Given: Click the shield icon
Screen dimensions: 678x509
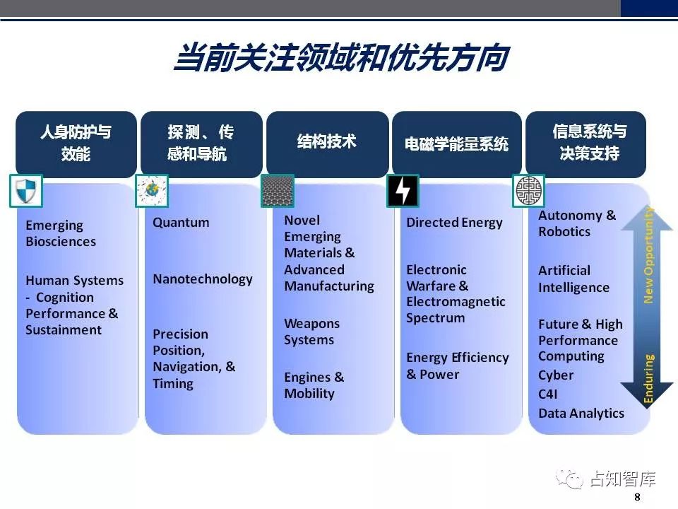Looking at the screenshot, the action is [x=26, y=191].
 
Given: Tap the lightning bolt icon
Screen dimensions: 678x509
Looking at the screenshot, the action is [x=403, y=191].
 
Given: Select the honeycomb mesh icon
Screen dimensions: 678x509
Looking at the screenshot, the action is [x=278, y=191].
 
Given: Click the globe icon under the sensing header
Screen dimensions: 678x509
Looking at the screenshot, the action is [x=152, y=191].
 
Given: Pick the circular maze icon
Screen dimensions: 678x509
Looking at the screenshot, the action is [x=528, y=191].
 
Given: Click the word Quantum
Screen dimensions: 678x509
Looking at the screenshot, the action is [x=181, y=223].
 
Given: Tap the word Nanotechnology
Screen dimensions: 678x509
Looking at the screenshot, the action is [x=203, y=279].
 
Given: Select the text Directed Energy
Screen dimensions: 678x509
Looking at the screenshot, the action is [x=454, y=223].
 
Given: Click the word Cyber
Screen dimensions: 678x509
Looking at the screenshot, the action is [x=556, y=375].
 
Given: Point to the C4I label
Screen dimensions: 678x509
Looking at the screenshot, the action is [x=548, y=394].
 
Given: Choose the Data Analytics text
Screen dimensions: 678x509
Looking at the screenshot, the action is [x=581, y=414].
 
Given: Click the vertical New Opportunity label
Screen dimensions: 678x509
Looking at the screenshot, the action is [x=648, y=255].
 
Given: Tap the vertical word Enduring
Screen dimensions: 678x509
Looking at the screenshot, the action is [x=648, y=379].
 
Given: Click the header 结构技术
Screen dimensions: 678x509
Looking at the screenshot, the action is [x=327, y=141].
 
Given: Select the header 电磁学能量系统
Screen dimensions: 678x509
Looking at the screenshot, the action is [x=457, y=144].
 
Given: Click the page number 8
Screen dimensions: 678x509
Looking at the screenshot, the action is [x=637, y=497].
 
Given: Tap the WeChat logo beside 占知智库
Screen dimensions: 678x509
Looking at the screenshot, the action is [x=569, y=479].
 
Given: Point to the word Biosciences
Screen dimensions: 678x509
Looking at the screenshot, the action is [x=61, y=242].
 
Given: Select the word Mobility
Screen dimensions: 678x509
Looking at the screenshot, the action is [x=309, y=394].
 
